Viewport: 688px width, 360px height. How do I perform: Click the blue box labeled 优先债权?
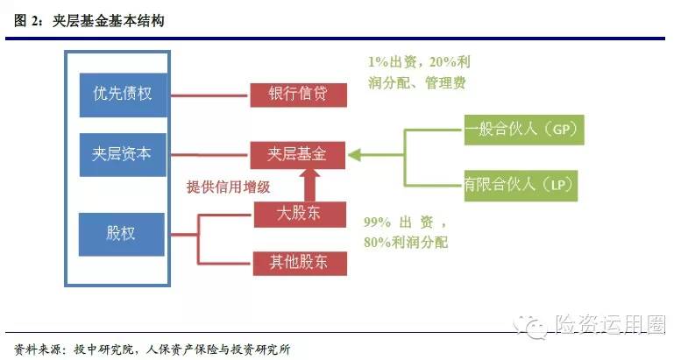[x=123, y=95]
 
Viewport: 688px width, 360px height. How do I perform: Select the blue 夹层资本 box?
[x=123, y=155]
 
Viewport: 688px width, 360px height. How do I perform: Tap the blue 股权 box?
[x=122, y=234]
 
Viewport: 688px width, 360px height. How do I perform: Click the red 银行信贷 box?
[x=298, y=95]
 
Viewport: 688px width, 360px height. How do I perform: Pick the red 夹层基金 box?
[x=297, y=155]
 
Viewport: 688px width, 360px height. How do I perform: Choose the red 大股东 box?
[x=300, y=215]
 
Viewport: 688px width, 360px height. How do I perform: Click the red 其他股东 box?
[x=300, y=263]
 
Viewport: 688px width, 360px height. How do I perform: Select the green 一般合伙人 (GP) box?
[x=524, y=130]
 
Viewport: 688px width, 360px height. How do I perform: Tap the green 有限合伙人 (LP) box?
[x=521, y=186]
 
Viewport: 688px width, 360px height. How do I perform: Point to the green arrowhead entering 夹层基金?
[x=354, y=155]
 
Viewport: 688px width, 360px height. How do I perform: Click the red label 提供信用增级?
[x=228, y=187]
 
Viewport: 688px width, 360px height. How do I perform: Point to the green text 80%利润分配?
[x=406, y=242]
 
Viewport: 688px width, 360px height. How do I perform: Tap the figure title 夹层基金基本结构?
[x=108, y=21]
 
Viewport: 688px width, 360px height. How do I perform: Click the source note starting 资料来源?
[x=152, y=349]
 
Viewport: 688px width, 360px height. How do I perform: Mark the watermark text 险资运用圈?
[x=610, y=325]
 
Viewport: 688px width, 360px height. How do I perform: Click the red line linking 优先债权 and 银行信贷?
[x=209, y=95]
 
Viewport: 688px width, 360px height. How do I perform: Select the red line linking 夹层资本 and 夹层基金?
[x=209, y=155]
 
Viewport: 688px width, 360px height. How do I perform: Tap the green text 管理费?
[x=445, y=82]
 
